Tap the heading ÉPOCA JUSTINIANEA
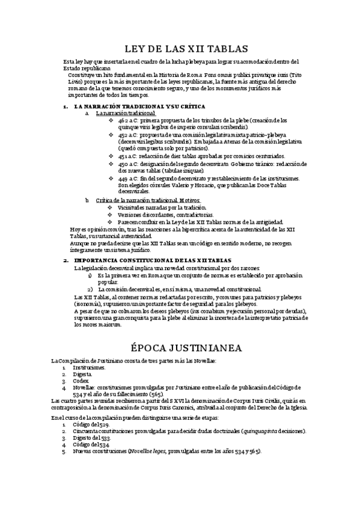[x=180, y=348]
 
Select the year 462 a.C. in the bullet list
[x=129, y=120]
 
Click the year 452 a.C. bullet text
[x=129, y=135]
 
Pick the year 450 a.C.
[x=129, y=164]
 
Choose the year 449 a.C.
[x=129, y=178]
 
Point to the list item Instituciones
[x=89, y=366]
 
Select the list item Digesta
[x=82, y=373]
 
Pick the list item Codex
[x=81, y=381]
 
